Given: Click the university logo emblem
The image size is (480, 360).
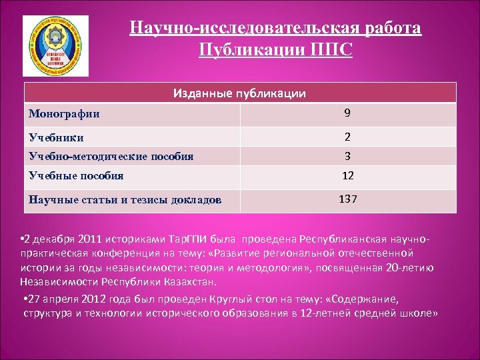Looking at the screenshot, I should (x=55, y=46).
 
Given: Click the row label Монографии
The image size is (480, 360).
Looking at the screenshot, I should (x=64, y=114).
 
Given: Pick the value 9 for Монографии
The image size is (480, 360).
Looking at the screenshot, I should (x=347, y=114).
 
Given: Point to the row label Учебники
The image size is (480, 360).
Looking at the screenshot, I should (x=57, y=137).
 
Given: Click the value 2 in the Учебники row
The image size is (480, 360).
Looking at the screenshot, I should (x=347, y=137).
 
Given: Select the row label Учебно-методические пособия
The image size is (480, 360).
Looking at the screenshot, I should (x=111, y=156).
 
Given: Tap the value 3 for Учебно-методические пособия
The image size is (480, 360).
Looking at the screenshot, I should (x=347, y=156).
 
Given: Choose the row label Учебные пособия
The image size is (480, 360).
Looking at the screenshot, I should (x=76, y=176).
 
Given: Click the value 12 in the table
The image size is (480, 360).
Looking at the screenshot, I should (x=347, y=176).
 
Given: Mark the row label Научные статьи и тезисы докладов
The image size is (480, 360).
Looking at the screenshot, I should (x=125, y=199).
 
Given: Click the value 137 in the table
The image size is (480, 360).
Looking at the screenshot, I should (x=347, y=199).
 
